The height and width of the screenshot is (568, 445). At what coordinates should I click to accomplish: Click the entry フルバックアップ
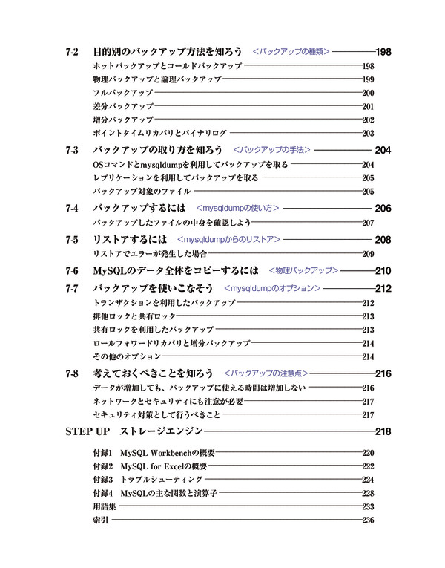[123, 93]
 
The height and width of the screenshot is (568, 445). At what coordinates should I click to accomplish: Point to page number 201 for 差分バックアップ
[368, 106]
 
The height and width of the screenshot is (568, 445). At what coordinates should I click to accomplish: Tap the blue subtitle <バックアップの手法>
[271, 150]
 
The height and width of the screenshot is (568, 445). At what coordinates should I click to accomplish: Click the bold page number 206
[383, 209]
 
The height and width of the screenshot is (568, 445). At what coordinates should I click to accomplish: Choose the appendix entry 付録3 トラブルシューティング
[144, 480]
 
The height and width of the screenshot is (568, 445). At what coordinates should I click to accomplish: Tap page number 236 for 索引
[368, 520]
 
